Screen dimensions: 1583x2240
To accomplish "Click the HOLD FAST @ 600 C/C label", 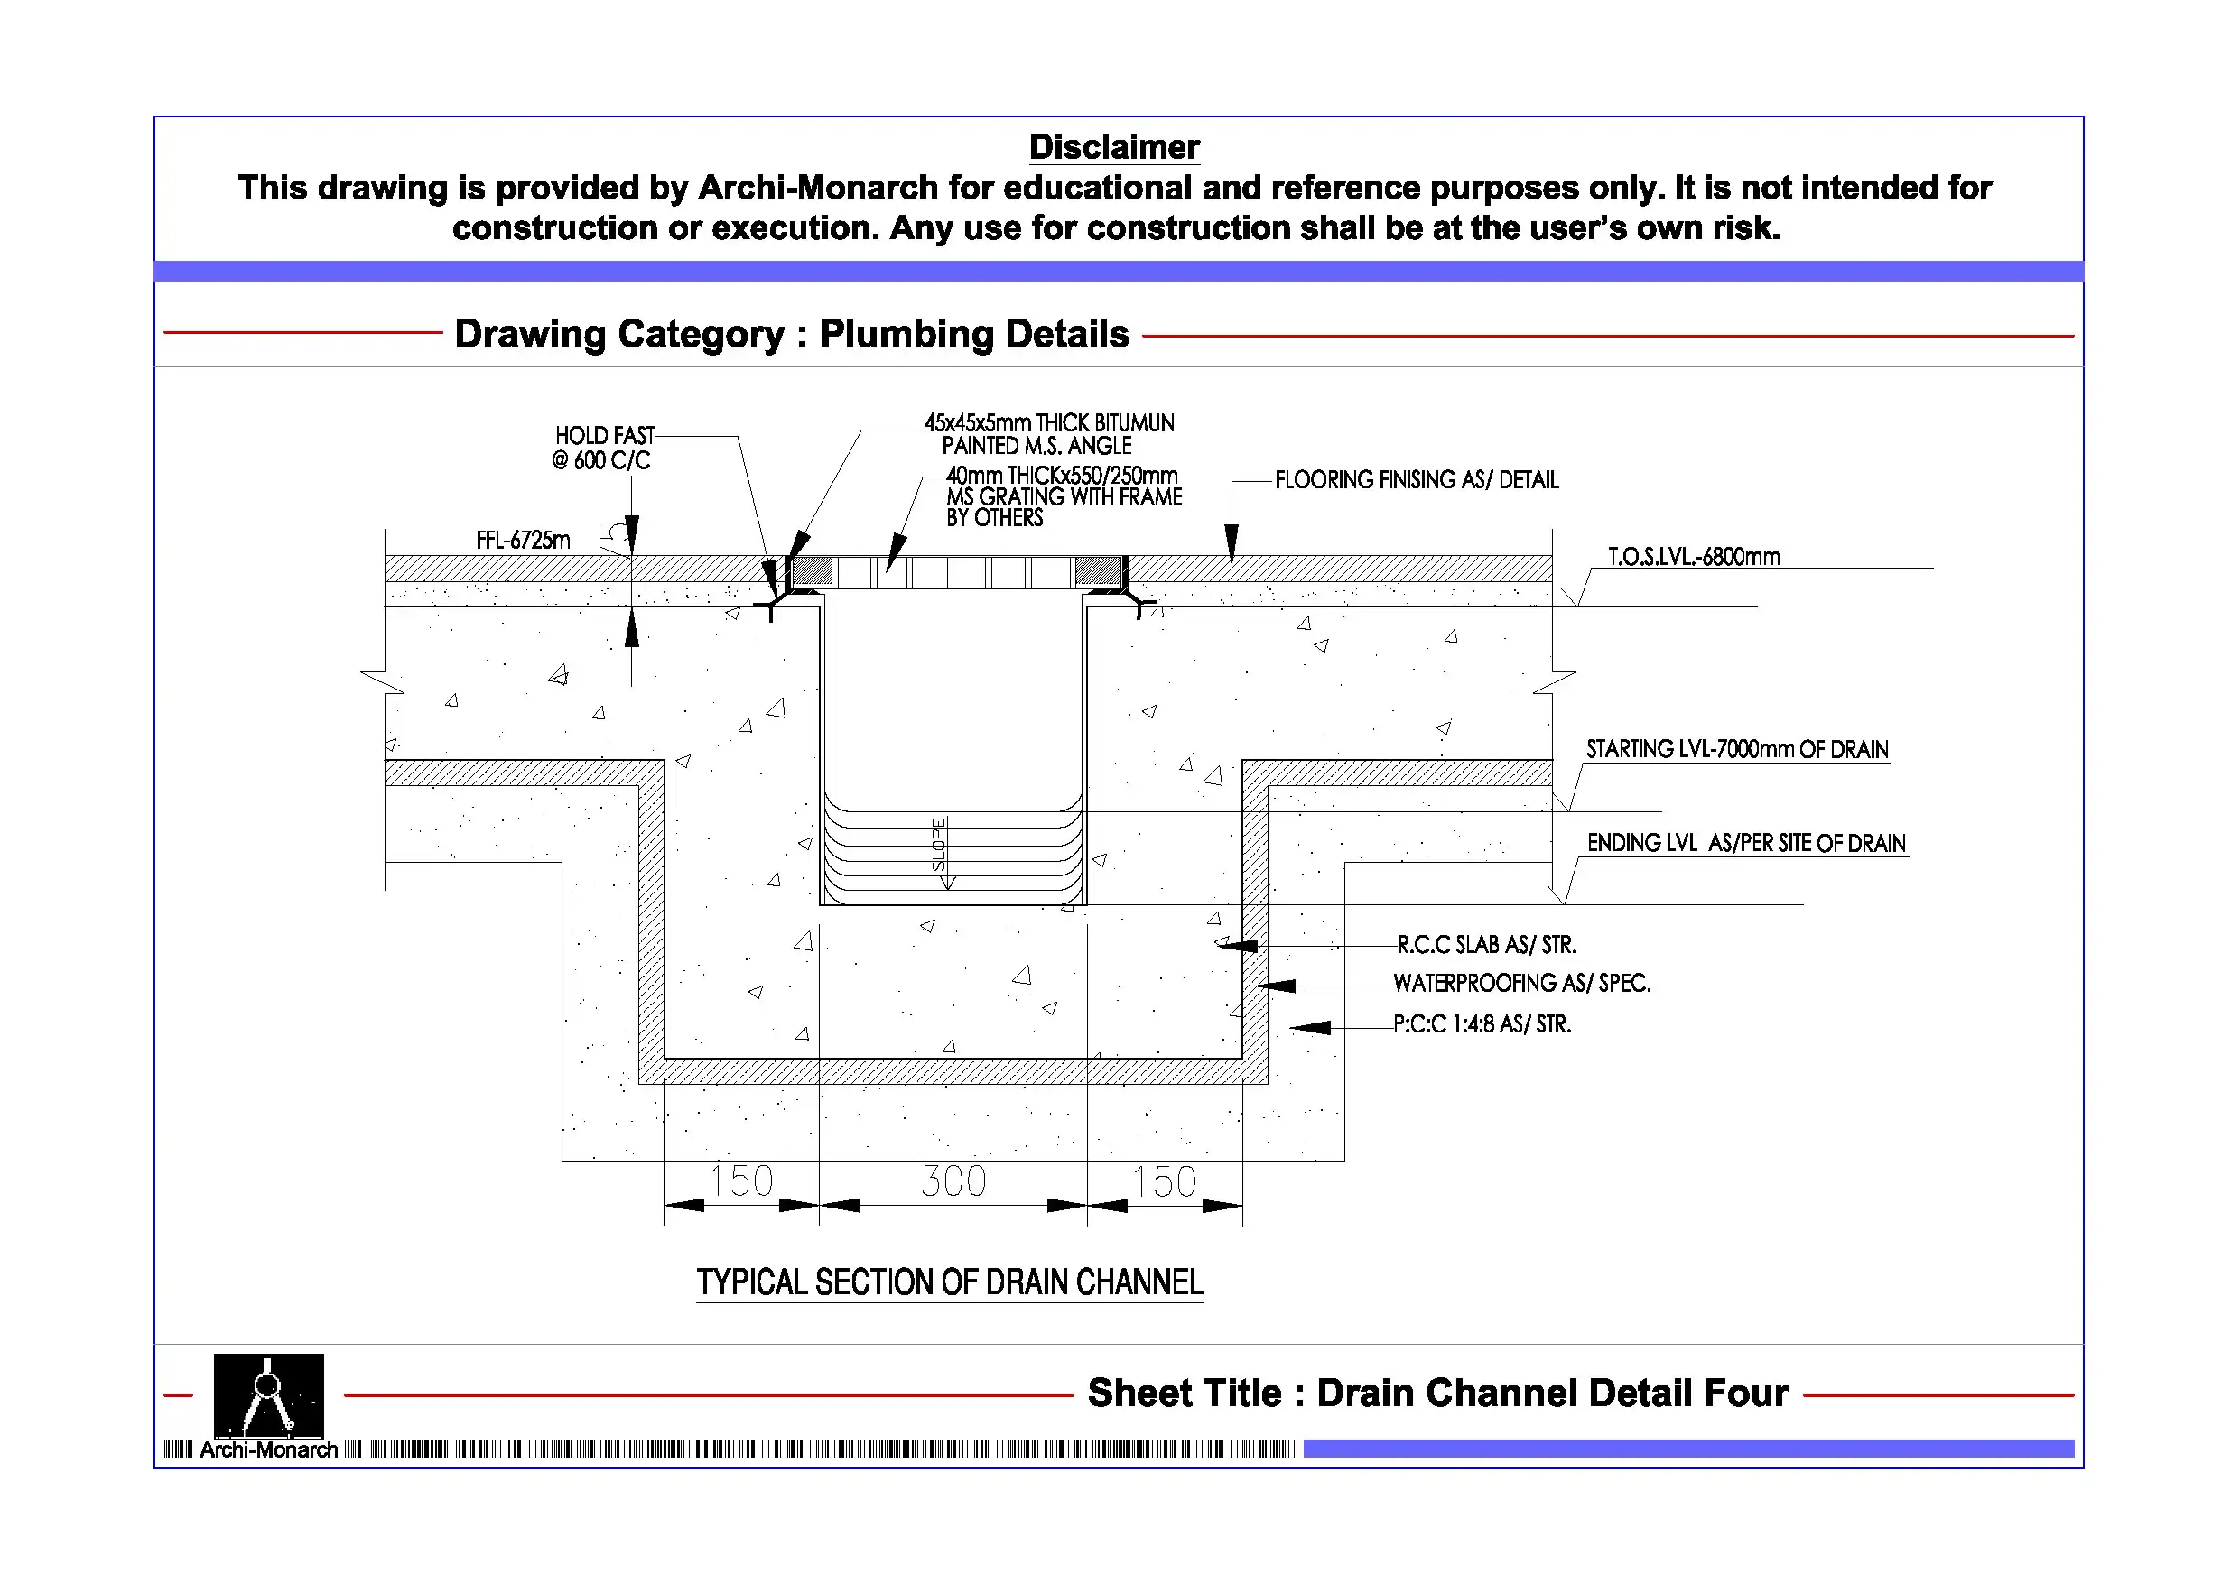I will coord(603,449).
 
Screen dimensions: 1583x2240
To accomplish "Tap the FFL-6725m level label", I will coord(523,542).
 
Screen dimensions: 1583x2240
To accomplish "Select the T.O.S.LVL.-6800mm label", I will coord(1694,558).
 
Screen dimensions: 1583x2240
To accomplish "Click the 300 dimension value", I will coord(953,1182).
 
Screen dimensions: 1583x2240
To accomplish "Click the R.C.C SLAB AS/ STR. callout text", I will coord(1486,945).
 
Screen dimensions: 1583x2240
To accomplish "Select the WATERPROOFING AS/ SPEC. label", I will coord(1521,984).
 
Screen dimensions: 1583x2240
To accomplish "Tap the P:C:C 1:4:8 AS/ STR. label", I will coord(1482,1025).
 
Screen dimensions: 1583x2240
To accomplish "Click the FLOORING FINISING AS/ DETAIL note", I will coord(1417,481).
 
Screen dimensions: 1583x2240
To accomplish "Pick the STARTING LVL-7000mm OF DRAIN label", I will coord(1736,750).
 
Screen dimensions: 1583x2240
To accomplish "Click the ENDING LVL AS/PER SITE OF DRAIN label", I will coord(1745,844).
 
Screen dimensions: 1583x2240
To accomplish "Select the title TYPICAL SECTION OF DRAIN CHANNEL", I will coord(949,1282).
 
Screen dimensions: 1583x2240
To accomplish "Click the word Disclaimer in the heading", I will coord(1114,147).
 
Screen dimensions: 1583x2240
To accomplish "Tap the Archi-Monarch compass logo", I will coord(268,1396).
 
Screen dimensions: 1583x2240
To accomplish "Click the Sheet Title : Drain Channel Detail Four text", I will coord(1438,1393).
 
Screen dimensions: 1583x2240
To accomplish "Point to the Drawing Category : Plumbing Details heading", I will coord(791,335).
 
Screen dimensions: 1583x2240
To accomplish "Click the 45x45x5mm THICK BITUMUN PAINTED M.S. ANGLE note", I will coord(1049,435).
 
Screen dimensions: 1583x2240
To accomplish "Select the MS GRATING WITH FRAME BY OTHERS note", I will coord(1064,497).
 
